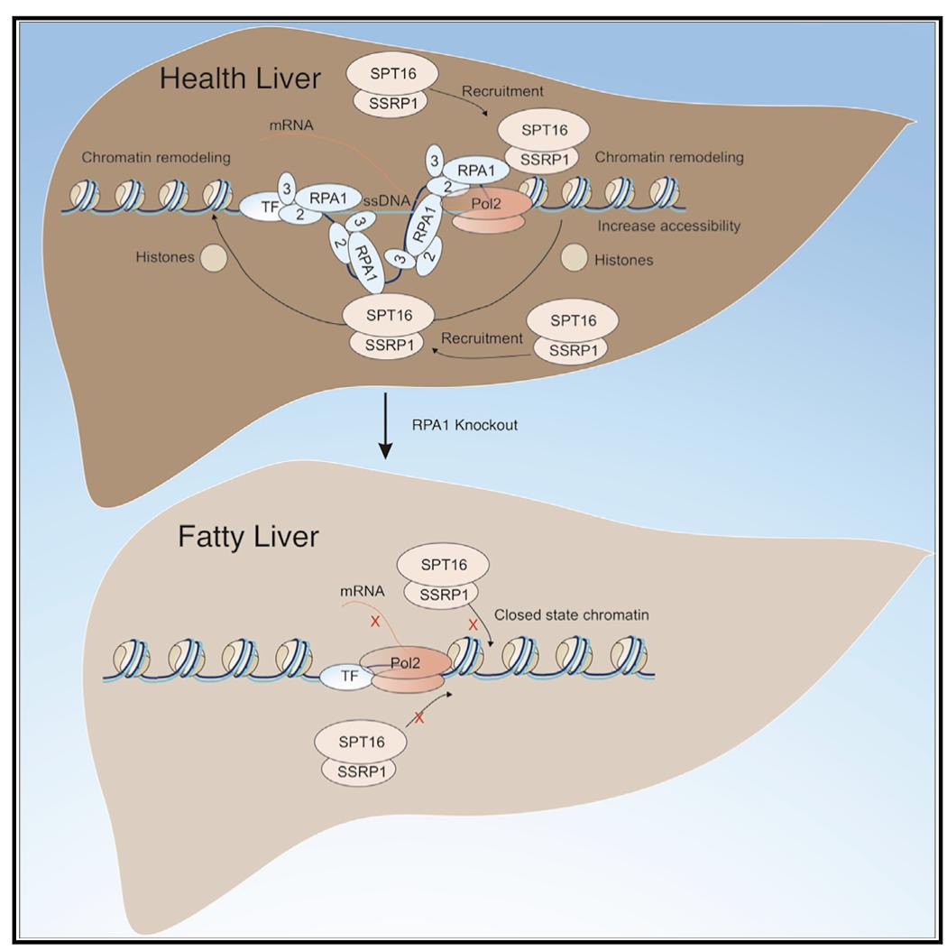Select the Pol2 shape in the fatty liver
pyautogui.click(x=415, y=665)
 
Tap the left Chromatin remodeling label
pyautogui.click(x=155, y=158)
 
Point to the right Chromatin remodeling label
pyautogui.click(x=668, y=158)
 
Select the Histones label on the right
pyautogui.click(x=622, y=259)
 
